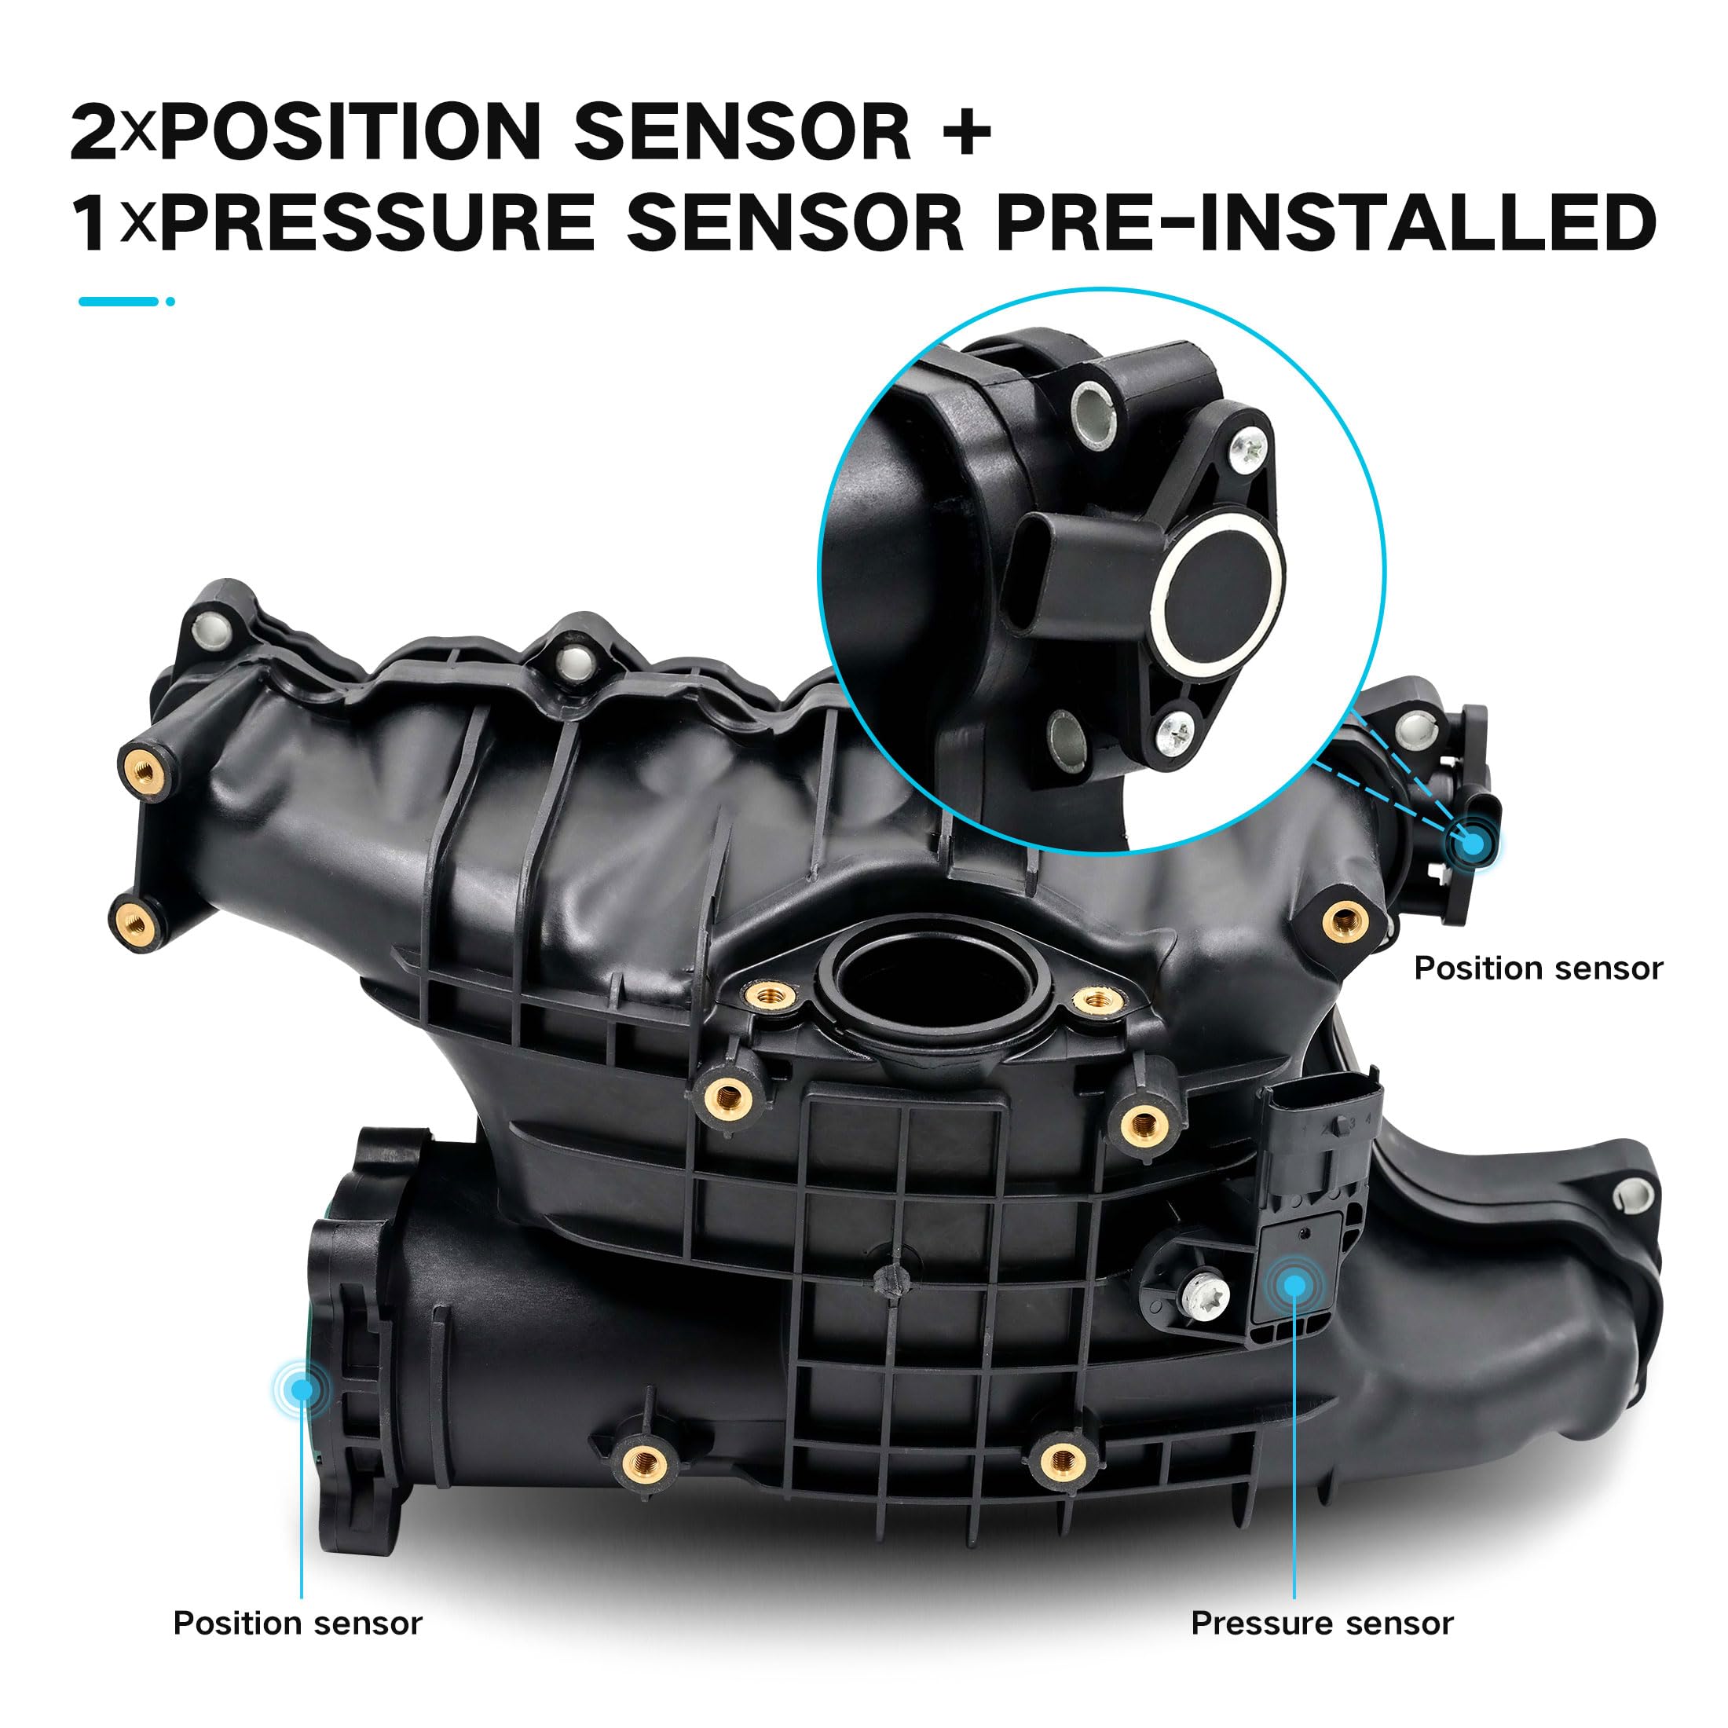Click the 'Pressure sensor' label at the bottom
pos(1322,1624)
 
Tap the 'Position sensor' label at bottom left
pos(297,1624)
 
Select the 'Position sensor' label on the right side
pos(1537,968)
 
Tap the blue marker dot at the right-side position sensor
pos(1472,843)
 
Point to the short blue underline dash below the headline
pos(118,302)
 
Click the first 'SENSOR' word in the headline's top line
pos(741,133)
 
